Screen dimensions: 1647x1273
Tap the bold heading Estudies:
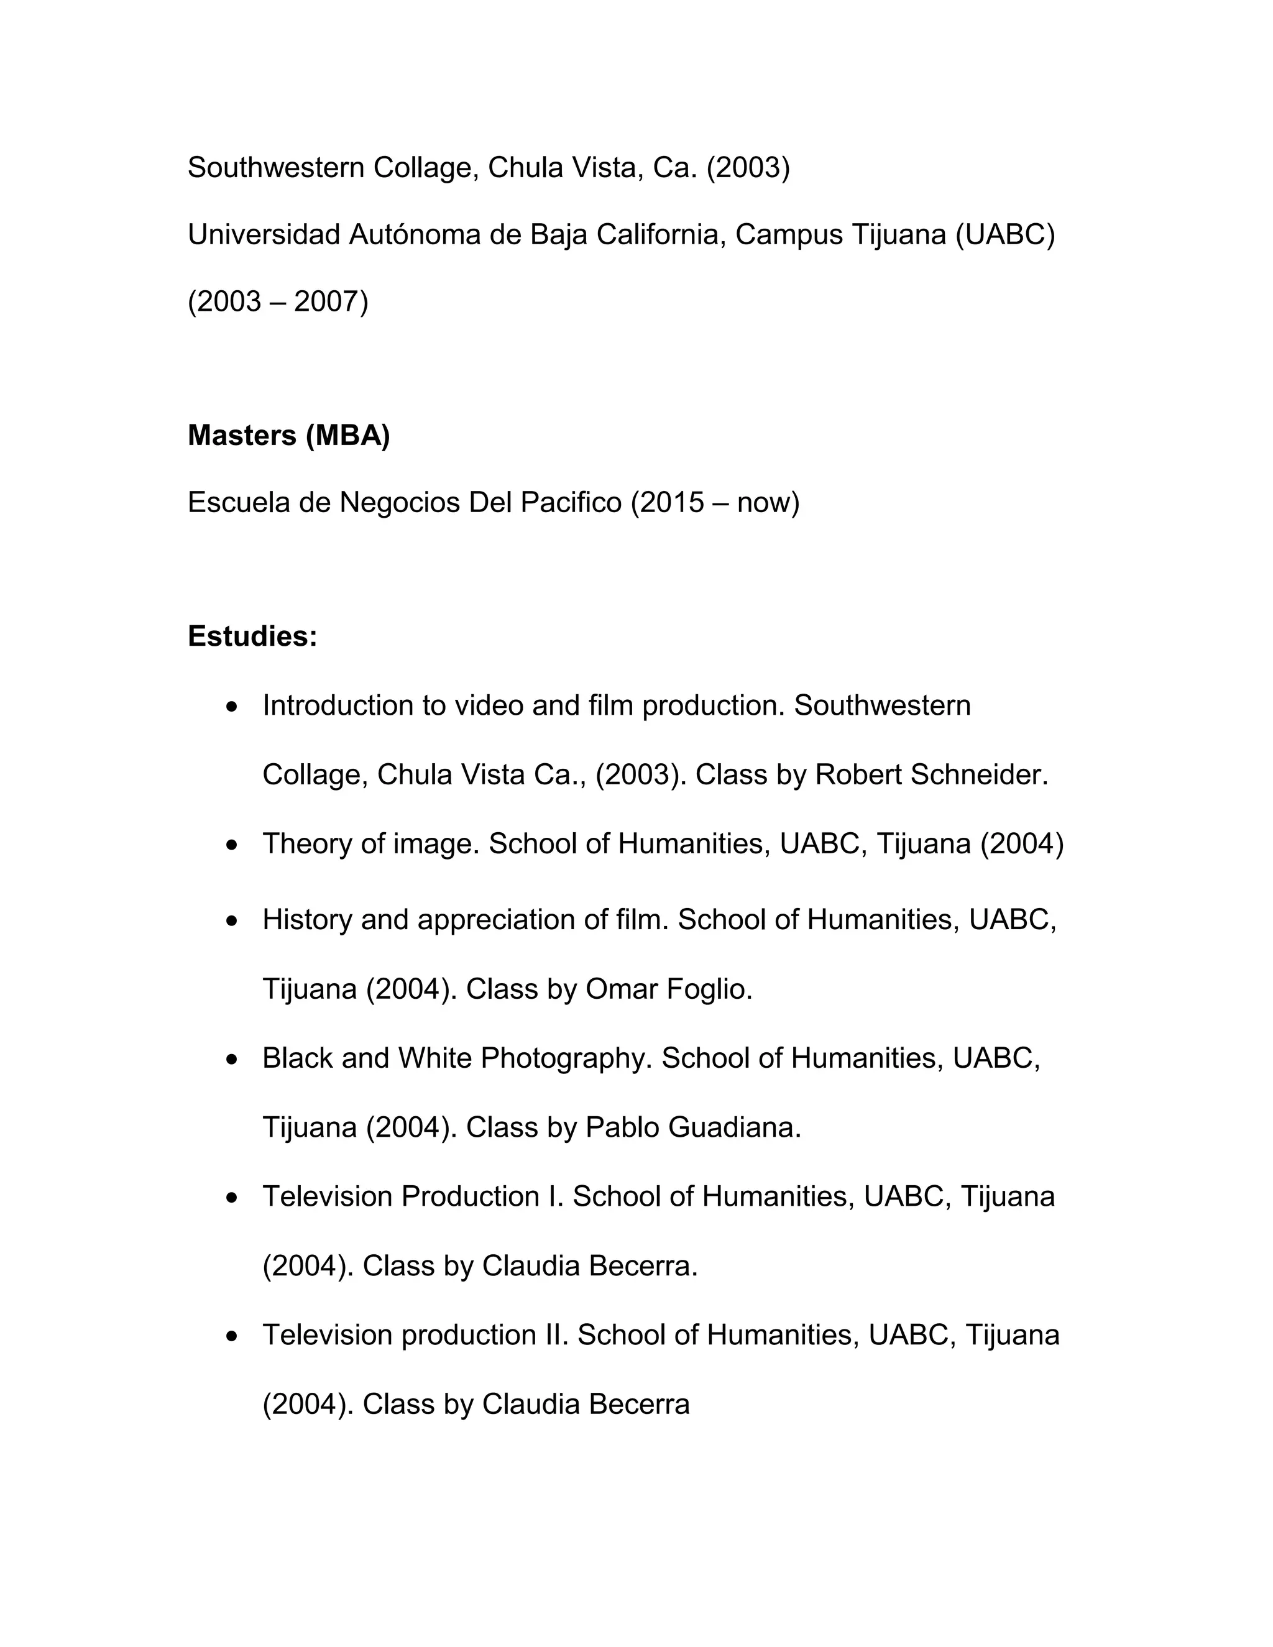[x=252, y=636]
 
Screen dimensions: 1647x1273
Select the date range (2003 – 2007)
[x=277, y=301]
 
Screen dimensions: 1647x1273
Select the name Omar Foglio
[x=668, y=989]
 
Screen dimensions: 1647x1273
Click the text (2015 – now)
[x=714, y=502]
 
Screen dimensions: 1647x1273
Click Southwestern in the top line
[x=276, y=167]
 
